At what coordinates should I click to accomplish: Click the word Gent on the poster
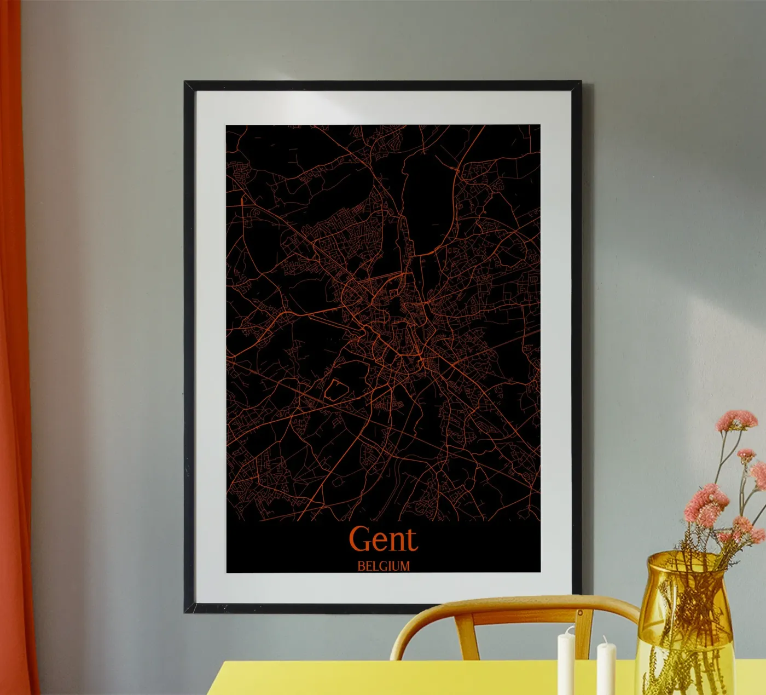point(383,539)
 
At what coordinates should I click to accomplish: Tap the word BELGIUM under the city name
point(383,566)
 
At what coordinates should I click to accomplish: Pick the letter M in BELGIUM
point(403,566)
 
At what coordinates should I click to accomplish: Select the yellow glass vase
point(684,630)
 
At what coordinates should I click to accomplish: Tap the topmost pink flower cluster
point(736,421)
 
